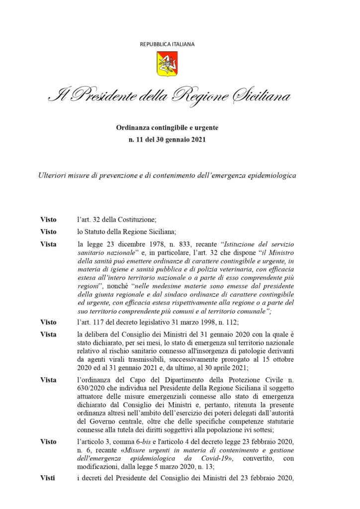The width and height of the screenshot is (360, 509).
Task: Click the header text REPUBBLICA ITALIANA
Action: click(167, 44)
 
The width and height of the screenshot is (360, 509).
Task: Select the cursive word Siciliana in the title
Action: click(262, 95)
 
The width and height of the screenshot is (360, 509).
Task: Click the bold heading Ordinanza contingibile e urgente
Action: click(167, 128)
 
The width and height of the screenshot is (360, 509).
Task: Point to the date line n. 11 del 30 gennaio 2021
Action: click(167, 140)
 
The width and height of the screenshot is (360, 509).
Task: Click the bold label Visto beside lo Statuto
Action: click(48, 232)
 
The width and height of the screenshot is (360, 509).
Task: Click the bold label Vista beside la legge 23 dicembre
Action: click(48, 244)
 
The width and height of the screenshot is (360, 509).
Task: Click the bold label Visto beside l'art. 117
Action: click(48, 322)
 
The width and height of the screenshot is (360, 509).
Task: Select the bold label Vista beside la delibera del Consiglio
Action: click(48, 335)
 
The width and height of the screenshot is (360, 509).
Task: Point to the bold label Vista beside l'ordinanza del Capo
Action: click(48, 380)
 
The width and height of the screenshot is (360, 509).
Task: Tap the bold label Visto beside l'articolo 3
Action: click(48, 441)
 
